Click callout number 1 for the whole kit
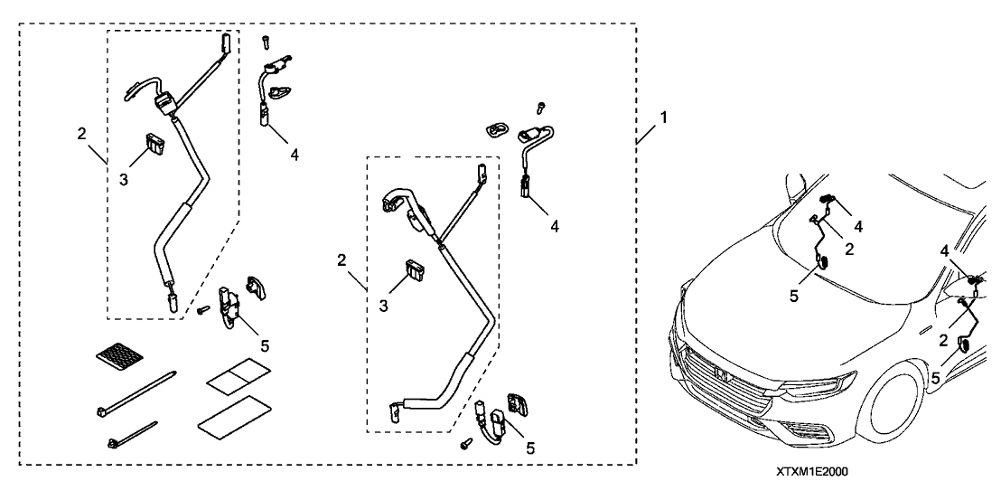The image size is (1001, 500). click(664, 118)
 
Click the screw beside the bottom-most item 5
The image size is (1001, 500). click(466, 444)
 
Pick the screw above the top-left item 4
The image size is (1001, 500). click(267, 40)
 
